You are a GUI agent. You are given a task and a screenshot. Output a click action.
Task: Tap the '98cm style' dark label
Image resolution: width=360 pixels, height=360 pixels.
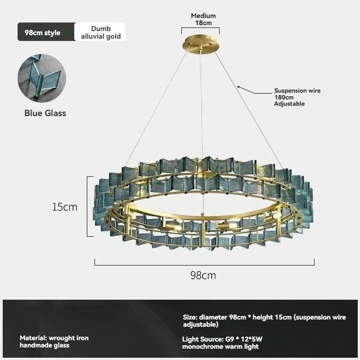point(42,32)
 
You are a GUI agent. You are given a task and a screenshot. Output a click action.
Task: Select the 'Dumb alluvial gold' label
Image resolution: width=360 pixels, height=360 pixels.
point(101,32)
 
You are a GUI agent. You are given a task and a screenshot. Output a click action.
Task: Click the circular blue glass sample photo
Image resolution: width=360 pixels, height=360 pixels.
point(42,78)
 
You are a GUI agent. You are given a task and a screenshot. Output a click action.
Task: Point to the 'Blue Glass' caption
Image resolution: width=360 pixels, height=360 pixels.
point(45,113)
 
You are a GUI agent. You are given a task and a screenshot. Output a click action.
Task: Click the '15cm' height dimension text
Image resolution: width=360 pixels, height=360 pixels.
point(65,207)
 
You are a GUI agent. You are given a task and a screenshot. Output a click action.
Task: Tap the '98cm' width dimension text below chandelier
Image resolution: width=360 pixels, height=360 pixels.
point(203,275)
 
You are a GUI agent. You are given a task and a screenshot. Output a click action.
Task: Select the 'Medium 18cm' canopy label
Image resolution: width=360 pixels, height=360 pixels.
point(203,19)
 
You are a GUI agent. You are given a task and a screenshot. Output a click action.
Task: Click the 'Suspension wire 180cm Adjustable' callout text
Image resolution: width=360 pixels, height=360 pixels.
point(297,97)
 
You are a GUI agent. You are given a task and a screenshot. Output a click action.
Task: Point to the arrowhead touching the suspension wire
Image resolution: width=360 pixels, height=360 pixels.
point(238,87)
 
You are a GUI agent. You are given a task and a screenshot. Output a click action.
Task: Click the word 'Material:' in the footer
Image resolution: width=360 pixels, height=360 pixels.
point(33,338)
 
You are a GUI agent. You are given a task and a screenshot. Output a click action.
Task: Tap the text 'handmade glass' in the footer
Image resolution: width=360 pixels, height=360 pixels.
point(45,345)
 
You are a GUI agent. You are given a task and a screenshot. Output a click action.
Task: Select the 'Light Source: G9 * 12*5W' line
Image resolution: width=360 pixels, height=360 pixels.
point(222,339)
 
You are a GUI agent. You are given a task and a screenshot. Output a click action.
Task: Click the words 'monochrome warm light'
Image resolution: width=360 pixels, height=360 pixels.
point(220,346)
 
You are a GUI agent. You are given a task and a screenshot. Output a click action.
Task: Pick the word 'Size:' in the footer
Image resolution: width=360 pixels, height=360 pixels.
point(190,317)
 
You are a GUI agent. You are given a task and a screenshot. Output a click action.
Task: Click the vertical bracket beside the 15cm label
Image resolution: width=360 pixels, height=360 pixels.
point(90,207)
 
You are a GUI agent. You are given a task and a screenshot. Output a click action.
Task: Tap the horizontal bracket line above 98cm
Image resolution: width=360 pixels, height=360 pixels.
point(205,265)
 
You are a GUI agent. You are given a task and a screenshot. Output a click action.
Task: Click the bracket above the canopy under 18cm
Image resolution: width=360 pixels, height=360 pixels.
point(200,28)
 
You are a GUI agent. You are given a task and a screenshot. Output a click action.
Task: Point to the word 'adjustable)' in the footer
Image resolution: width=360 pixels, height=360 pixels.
point(201,324)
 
